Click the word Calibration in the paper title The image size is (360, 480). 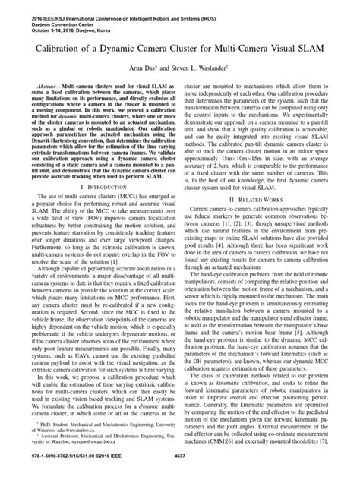tap(62, 52)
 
